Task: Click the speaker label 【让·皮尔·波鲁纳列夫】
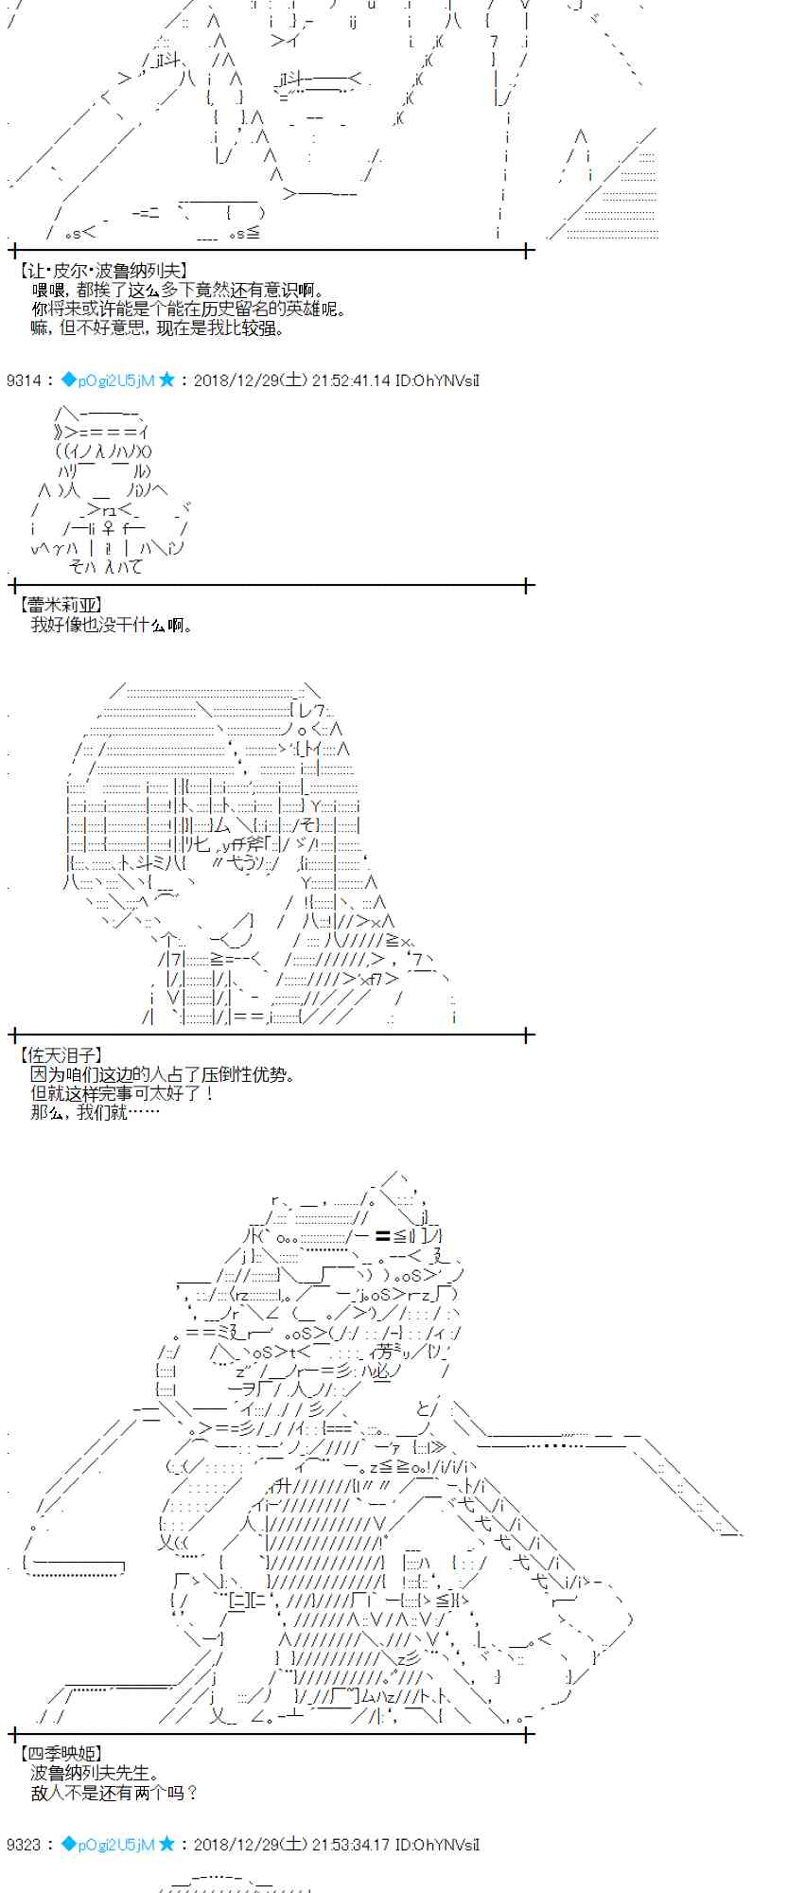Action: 103,271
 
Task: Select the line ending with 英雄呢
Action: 188,310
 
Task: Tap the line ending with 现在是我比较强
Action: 157,328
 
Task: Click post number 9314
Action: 24,380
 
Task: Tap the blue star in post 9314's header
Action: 167,380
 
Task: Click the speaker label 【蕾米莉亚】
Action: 60,605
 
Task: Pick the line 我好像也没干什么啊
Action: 112,625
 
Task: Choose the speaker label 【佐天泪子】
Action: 60,1054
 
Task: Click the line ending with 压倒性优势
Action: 164,1074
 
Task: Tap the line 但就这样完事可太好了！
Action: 123,1093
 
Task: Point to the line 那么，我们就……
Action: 96,1112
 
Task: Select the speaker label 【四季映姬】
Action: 60,1754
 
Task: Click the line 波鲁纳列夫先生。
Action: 96,1773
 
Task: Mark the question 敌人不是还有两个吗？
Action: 114,1792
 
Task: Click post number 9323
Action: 24,1844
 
